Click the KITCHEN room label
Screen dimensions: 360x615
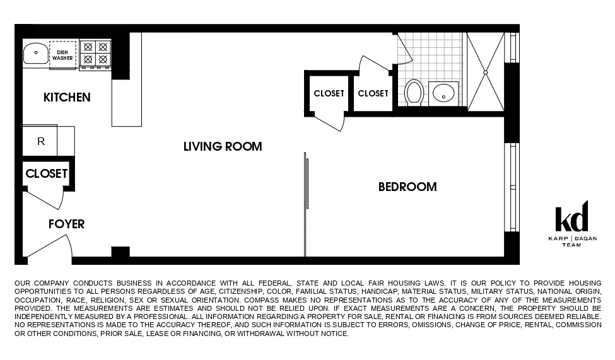click(x=67, y=97)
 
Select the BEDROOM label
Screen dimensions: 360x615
click(x=407, y=187)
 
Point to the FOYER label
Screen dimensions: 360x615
click(x=66, y=224)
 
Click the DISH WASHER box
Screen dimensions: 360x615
click(x=62, y=55)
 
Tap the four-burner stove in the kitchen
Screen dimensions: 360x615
click(x=95, y=53)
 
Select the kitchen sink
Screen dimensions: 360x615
click(x=36, y=53)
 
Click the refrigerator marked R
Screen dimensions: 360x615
click(x=41, y=141)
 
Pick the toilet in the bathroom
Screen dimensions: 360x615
click(x=414, y=92)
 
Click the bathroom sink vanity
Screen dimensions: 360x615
click(x=443, y=94)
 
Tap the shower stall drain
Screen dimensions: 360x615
click(x=485, y=73)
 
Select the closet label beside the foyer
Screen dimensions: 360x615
click(x=46, y=173)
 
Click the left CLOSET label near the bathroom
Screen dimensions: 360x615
click(x=329, y=93)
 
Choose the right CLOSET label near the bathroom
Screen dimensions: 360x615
click(x=373, y=93)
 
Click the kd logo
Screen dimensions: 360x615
click(x=571, y=218)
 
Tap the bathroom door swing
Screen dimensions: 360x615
click(x=402, y=49)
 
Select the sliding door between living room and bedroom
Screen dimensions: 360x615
click(x=306, y=183)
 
